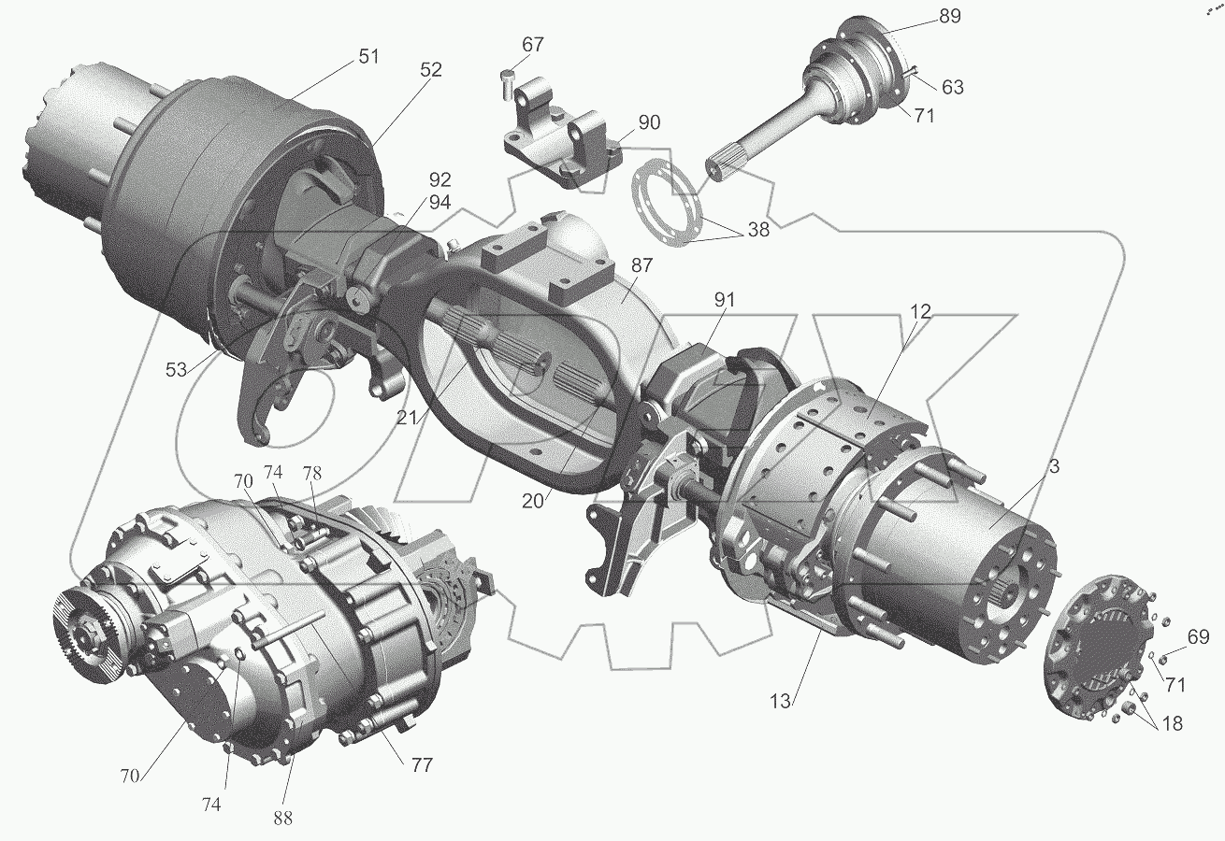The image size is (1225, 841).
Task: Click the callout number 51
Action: (x=368, y=56)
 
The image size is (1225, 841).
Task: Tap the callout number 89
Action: (x=950, y=17)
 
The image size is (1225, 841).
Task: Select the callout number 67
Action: (x=533, y=44)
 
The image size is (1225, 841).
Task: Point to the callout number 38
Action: (x=758, y=230)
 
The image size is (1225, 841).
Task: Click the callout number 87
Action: (x=641, y=265)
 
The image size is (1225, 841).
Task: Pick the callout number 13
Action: (x=781, y=702)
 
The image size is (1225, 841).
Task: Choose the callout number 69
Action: (x=1198, y=636)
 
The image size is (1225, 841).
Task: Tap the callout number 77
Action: (x=422, y=765)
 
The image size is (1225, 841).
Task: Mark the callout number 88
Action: (x=282, y=818)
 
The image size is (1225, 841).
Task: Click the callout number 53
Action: (x=176, y=370)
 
